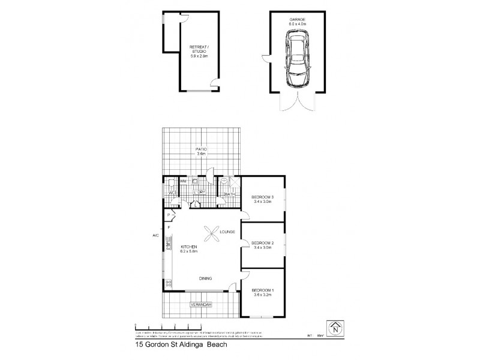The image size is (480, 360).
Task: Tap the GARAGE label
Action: pos(298,19)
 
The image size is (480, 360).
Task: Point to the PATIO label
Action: pos(202,149)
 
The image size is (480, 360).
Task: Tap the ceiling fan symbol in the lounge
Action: pos(212,232)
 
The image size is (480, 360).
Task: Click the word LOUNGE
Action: pos(227,232)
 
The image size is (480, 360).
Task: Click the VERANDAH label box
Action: pos(202,305)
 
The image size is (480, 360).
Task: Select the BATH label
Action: pos(229,194)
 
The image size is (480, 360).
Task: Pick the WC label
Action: pos(171,193)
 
